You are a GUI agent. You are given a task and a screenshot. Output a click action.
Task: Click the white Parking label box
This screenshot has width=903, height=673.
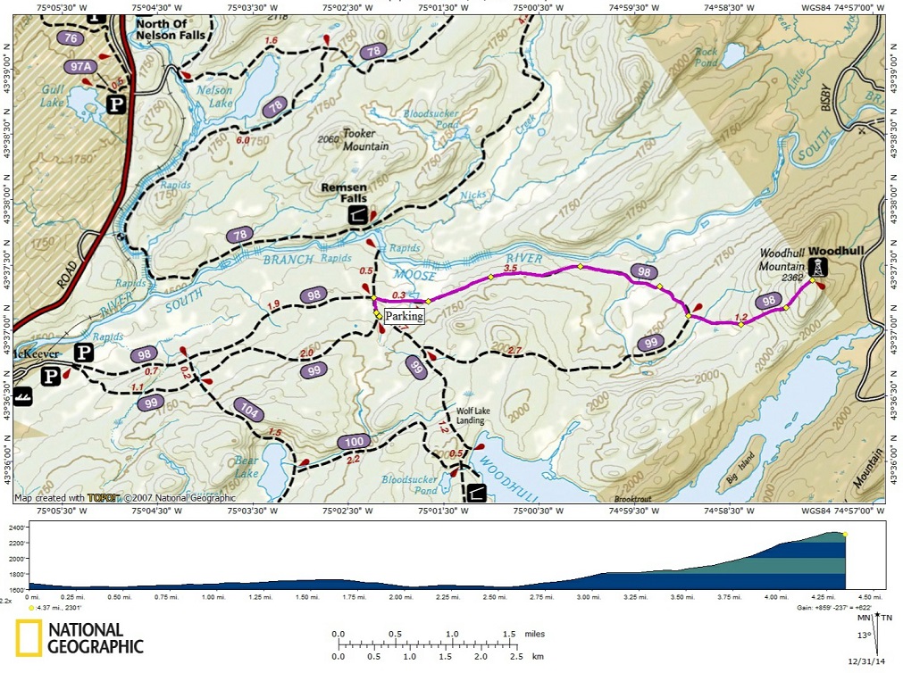coord(404,316)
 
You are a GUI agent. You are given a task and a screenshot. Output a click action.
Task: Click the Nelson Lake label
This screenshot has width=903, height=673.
coord(214,96)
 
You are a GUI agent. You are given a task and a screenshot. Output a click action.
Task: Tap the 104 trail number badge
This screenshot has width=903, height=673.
coord(249,410)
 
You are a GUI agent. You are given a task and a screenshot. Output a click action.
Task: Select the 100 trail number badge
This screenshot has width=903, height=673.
coord(354,442)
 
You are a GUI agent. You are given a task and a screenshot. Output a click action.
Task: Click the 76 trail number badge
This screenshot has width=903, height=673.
coord(70,38)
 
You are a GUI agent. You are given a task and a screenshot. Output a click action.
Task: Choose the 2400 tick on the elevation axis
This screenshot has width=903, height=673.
coord(17,527)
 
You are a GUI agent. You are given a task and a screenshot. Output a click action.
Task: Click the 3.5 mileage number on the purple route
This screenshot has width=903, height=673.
coord(511,268)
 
